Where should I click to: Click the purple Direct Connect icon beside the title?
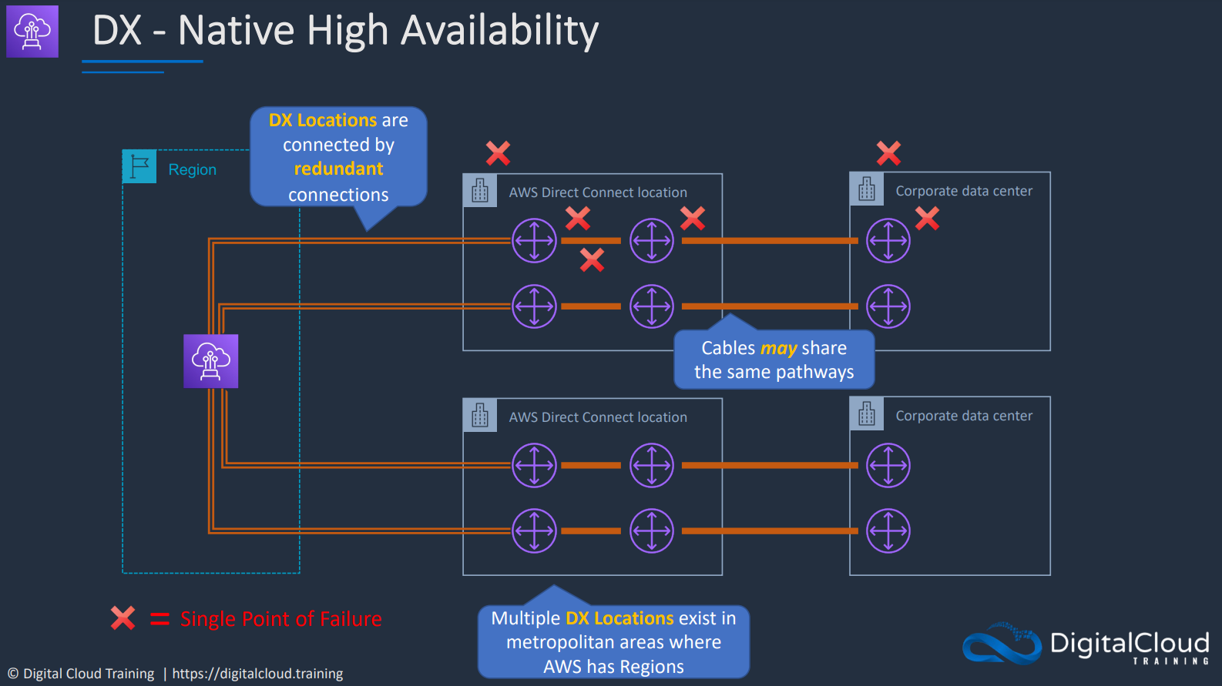tap(32, 31)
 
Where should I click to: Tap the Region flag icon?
tap(139, 166)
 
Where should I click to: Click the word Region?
tap(192, 169)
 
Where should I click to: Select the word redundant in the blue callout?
tap(338, 169)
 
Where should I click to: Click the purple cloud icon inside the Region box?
tap(210, 361)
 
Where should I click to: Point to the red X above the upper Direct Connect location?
tap(498, 152)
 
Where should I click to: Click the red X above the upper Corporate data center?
tap(888, 152)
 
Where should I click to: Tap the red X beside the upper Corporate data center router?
tap(927, 219)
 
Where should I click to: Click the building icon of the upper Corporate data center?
tap(866, 189)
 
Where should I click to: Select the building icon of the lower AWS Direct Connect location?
tap(480, 416)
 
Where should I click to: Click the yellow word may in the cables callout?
tap(778, 348)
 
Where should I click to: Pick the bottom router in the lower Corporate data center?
tap(888, 530)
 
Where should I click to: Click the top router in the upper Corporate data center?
tap(888, 240)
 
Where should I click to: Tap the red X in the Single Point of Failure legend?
tap(123, 618)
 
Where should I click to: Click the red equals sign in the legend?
tap(159, 619)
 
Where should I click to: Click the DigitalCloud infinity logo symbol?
tap(1002, 644)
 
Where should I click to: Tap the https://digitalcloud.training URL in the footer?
tap(257, 674)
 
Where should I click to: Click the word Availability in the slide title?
tap(499, 31)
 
